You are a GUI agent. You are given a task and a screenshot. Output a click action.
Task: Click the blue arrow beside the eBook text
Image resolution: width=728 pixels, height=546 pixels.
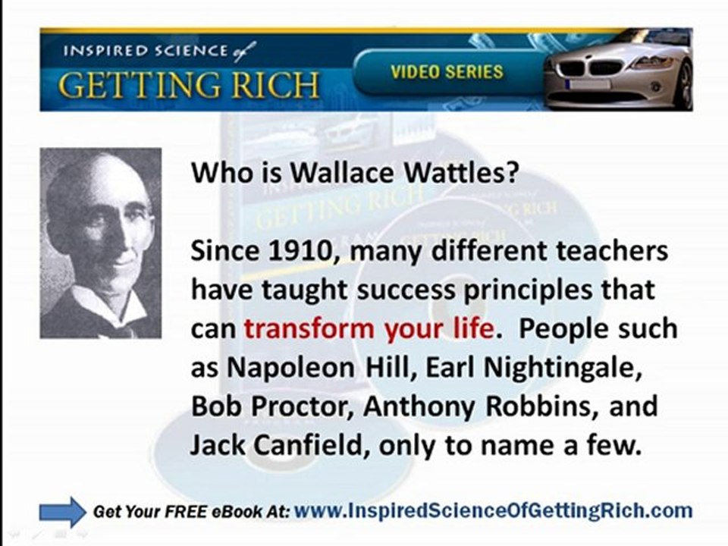62,512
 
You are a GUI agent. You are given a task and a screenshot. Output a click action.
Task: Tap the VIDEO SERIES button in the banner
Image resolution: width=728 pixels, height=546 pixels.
446,73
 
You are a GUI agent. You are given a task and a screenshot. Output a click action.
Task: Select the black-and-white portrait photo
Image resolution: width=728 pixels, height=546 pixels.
101,243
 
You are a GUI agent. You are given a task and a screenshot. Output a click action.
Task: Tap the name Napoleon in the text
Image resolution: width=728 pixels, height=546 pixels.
290,368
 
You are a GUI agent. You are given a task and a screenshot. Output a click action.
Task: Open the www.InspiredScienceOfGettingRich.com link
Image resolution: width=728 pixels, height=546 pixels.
492,510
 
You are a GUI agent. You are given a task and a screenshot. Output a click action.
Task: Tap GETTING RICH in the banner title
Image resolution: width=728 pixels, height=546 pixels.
189,86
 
